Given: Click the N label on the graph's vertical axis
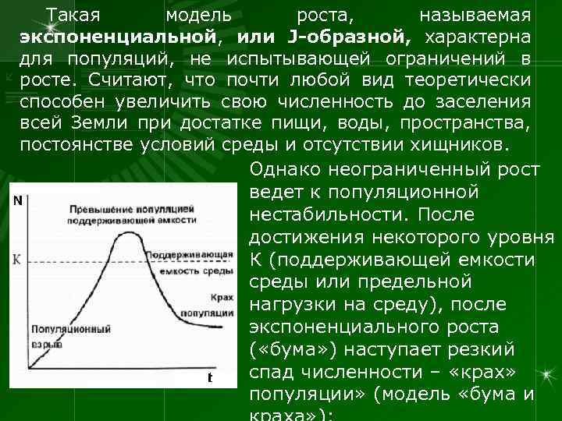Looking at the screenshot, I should click(17, 200).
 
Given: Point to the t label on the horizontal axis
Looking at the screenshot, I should click(210, 378).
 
